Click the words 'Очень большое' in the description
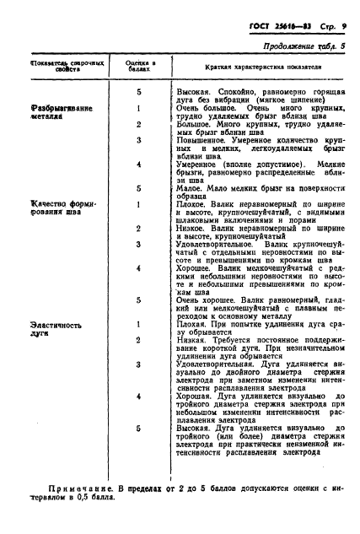pos(204,109)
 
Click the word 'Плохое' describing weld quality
pos(195,204)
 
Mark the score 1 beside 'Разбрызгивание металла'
pos(137,109)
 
